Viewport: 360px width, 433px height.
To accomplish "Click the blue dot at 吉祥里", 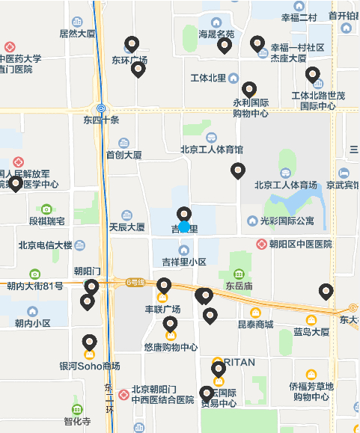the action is pos(184,226).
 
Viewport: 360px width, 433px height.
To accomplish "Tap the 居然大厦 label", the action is pos(78,34).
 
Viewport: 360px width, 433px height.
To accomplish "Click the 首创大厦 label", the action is pos(123,155).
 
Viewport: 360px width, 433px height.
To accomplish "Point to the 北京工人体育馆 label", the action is pos(212,150).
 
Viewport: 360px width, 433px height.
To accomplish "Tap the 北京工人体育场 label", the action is pos(286,185).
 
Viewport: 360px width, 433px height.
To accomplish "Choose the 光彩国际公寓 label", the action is pos(287,221).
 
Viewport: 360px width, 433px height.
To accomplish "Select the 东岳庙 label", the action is pos(239,286).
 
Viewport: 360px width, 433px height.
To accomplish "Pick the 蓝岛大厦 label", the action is pos(311,331).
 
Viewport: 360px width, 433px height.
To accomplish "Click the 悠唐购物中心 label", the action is pos(171,347).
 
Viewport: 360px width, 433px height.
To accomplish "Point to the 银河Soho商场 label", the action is pos(89,366).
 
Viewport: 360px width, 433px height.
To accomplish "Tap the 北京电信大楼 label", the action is pos(45,245).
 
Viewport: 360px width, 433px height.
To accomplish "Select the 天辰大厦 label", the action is pos(126,227).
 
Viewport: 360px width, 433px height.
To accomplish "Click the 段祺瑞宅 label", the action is pos(46,221).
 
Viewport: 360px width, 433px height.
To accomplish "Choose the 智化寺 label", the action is pos(77,421).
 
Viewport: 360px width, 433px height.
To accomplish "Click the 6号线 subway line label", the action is pos(135,282).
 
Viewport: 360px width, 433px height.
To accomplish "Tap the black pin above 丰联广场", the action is pos(164,286).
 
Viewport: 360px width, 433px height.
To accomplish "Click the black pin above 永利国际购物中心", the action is pos(249,90).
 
